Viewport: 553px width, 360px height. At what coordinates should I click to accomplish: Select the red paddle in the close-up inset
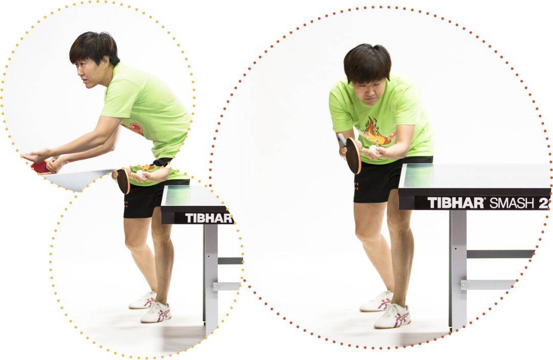41,167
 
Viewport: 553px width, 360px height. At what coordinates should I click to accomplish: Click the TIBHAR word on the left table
209,218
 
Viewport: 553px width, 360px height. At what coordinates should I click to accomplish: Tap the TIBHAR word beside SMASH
456,203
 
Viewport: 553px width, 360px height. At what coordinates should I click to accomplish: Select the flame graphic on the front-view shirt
373,132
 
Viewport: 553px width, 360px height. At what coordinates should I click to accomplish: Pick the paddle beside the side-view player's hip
123,180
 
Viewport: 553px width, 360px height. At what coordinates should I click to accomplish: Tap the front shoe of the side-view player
156,312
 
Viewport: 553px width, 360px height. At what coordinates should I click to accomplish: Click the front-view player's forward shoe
392,316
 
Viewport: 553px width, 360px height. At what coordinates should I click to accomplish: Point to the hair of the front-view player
367,61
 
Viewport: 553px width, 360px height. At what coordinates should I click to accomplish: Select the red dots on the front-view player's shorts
356,186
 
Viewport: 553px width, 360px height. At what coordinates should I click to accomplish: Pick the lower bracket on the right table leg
488,285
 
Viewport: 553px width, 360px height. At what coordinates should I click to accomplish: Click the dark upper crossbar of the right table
500,254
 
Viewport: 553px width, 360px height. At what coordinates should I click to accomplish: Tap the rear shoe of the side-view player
143,300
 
